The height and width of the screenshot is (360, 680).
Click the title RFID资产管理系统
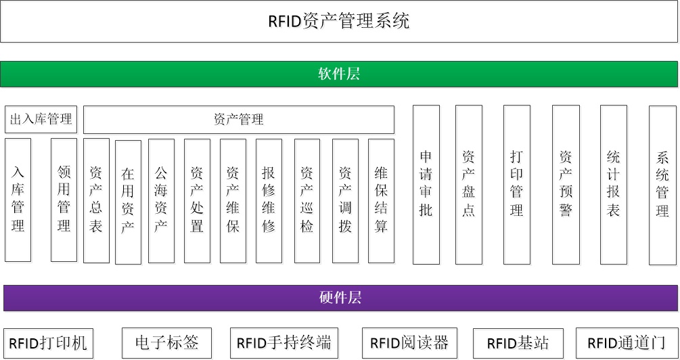pyautogui.click(x=338, y=21)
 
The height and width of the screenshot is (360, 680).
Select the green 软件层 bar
pyautogui.click(x=338, y=74)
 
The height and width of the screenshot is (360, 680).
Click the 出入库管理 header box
pyautogui.click(x=41, y=120)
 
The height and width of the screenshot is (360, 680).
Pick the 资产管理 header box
pyautogui.click(x=238, y=120)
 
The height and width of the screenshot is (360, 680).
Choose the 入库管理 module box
pyautogui.click(x=18, y=200)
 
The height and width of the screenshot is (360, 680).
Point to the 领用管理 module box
pyautogui.click(x=64, y=200)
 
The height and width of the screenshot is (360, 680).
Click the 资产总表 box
pyautogui.click(x=96, y=200)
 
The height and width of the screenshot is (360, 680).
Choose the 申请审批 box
pyautogui.click(x=426, y=184)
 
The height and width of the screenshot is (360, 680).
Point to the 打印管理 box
pyautogui.click(x=516, y=184)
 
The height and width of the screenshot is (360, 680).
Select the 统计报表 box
pyautogui.click(x=613, y=184)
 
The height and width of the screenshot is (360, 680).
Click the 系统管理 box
pyautogui.click(x=662, y=185)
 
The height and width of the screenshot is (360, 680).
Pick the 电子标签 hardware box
pyautogui.click(x=166, y=343)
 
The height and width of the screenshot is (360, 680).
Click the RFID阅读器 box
pyautogui.click(x=409, y=343)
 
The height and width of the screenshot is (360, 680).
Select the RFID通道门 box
pyautogui.click(x=627, y=343)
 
